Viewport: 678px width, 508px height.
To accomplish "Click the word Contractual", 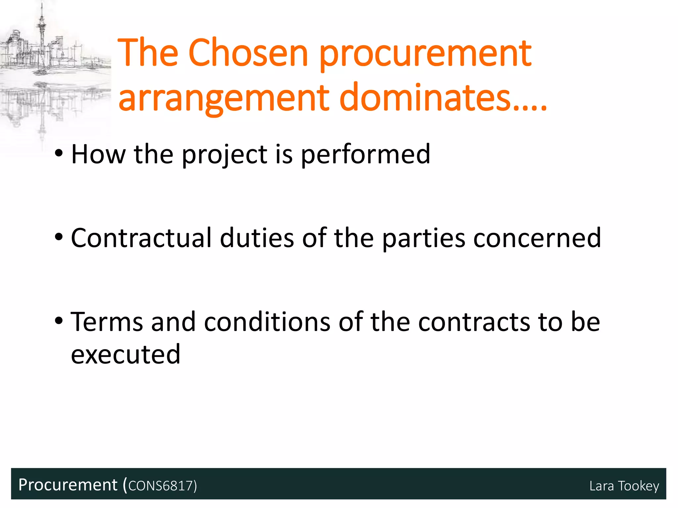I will [x=141, y=238].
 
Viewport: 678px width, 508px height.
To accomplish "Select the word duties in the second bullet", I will [x=257, y=238].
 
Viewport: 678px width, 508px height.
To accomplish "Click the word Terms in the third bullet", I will [x=107, y=322].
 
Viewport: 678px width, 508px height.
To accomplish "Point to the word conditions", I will [x=267, y=322].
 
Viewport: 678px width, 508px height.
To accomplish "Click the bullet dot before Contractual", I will [x=59, y=237].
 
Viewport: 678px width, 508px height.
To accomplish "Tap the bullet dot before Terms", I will [x=59, y=321].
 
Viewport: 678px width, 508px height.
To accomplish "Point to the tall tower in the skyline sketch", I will [x=41, y=30].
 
